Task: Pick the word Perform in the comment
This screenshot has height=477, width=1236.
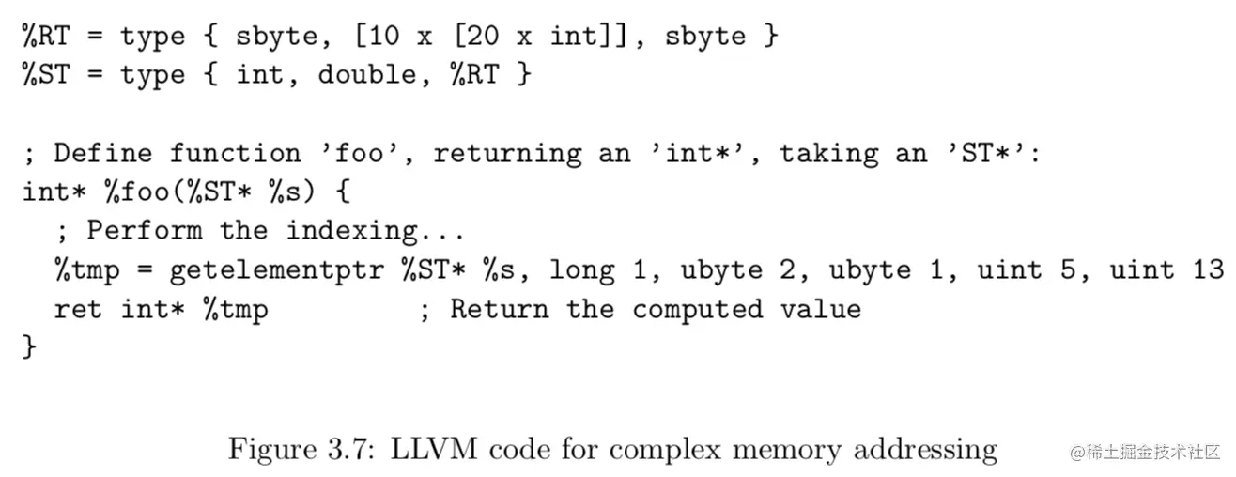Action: tap(144, 230)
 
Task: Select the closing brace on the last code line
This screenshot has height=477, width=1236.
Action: tap(29, 347)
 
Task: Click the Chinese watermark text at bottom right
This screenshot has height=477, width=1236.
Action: tap(1144, 452)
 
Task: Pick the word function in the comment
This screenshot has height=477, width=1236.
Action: tap(235, 152)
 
